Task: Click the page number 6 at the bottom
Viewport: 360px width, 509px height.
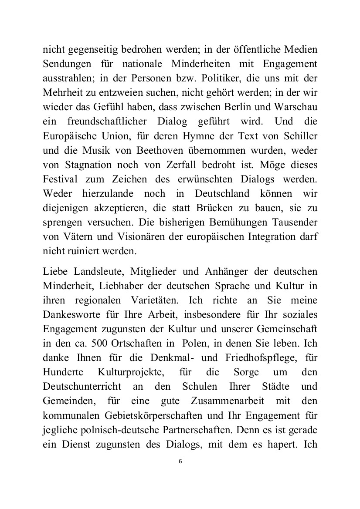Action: (x=180, y=462)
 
